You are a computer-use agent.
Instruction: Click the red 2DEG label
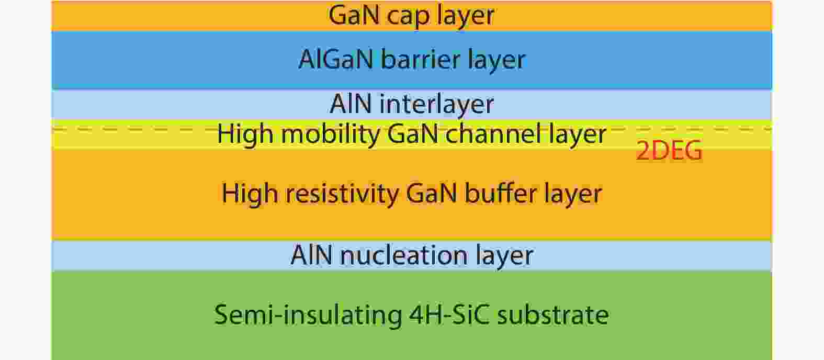click(669, 151)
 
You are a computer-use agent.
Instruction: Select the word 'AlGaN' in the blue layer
click(336, 59)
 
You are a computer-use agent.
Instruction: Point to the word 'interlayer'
click(437, 105)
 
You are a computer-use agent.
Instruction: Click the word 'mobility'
click(330, 134)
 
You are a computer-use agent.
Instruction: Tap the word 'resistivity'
click(342, 194)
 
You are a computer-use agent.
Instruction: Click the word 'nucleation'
click(404, 255)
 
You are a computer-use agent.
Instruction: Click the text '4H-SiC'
click(449, 314)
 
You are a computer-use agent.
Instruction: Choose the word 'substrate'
click(553, 314)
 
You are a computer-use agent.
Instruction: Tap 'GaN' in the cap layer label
click(354, 15)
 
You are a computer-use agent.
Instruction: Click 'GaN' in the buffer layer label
click(432, 193)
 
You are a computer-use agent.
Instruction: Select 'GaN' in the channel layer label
click(413, 133)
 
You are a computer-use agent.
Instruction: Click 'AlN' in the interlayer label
click(351, 104)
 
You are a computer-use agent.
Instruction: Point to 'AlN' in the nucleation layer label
click(312, 255)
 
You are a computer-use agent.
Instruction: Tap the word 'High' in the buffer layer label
click(250, 194)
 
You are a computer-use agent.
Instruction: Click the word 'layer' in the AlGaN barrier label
click(496, 60)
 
